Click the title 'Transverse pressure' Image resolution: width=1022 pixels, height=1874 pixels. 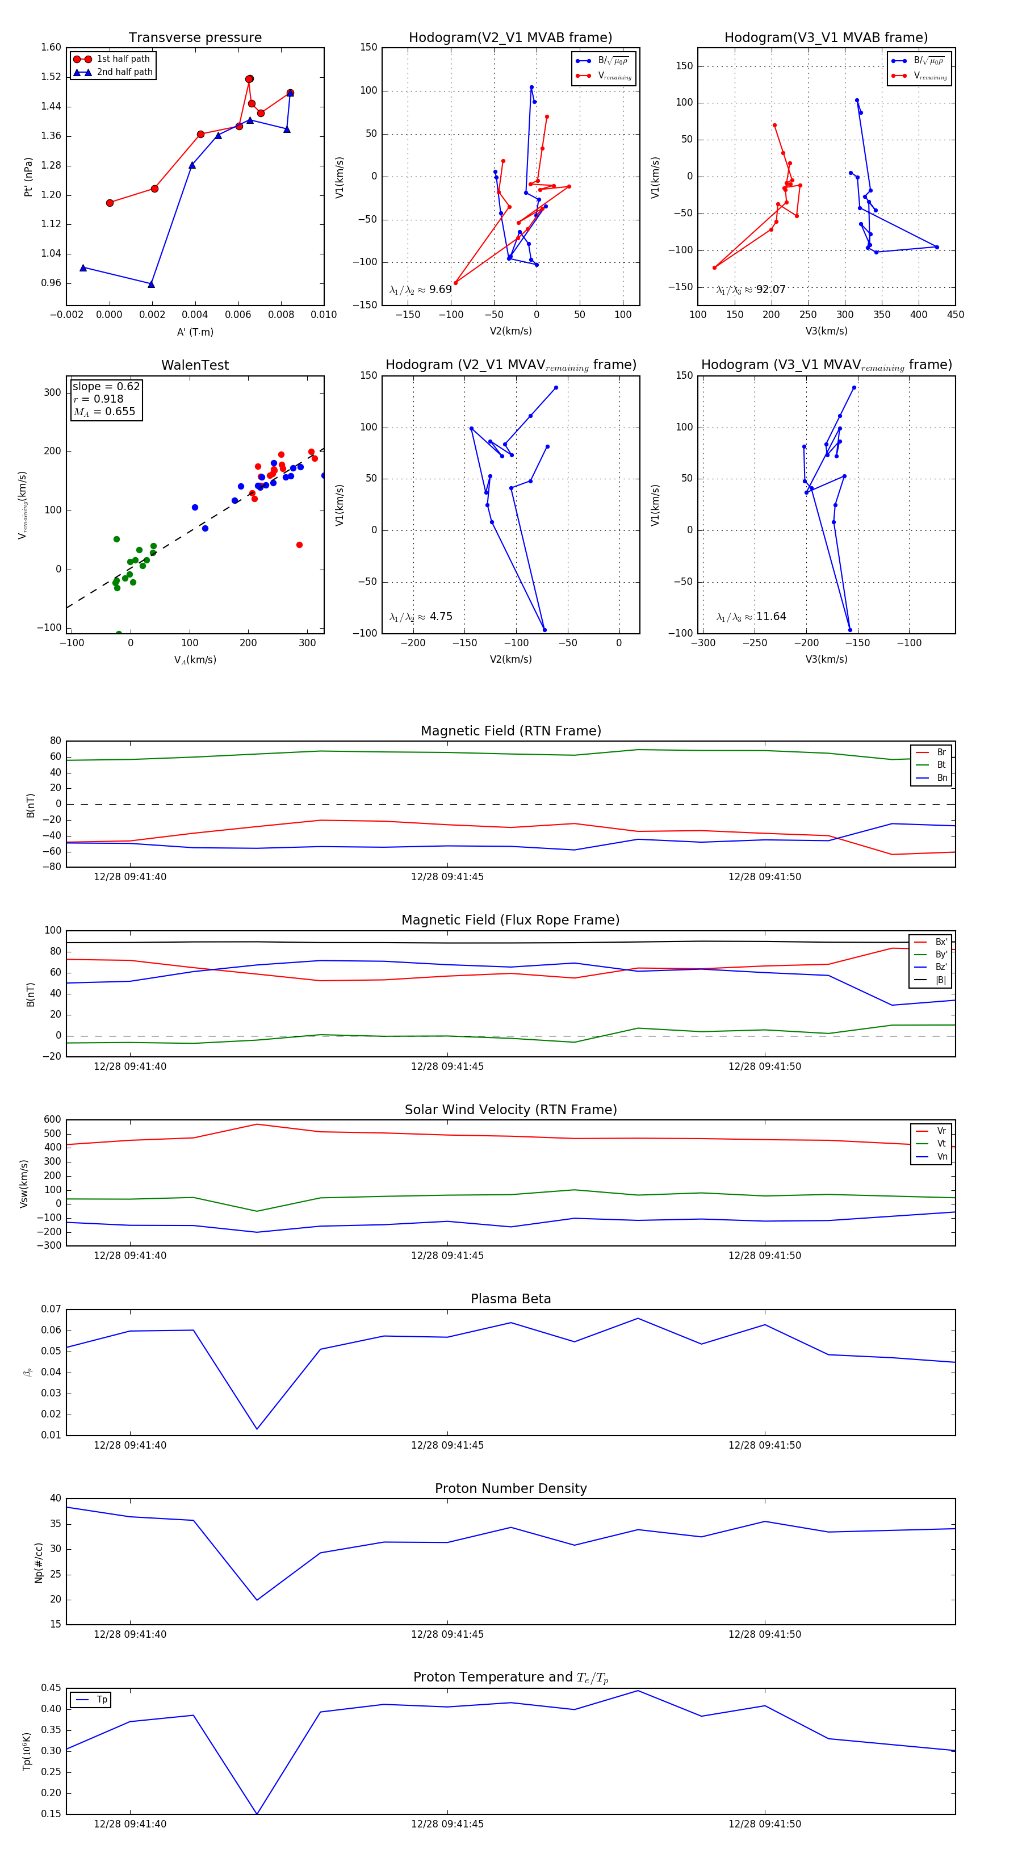tap(195, 38)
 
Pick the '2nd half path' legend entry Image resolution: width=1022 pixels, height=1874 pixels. tap(124, 72)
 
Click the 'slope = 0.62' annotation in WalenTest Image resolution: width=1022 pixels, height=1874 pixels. tap(106, 386)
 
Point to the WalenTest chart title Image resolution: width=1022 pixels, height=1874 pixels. tap(195, 365)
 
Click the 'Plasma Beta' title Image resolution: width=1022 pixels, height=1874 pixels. tap(510, 1299)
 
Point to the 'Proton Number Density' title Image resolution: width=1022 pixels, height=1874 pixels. tap(510, 1488)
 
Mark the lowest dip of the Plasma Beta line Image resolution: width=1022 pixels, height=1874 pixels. tap(257, 1429)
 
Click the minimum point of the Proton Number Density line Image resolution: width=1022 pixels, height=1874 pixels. tap(257, 1600)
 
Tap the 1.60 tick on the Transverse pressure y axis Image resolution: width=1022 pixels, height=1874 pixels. tap(51, 47)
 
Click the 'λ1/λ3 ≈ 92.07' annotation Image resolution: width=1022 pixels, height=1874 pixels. tap(751, 290)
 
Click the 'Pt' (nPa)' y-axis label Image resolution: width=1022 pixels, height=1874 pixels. tap(28, 177)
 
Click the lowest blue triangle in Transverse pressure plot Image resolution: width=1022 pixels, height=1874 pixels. tap(151, 284)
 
